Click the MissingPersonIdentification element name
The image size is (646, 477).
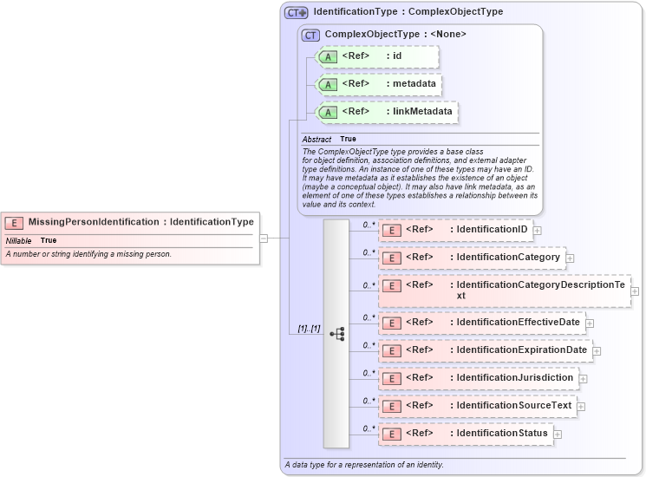[94, 222]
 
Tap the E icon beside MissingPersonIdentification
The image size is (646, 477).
[15, 223]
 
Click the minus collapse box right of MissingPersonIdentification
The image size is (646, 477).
[264, 238]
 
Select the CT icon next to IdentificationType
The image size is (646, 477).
[297, 13]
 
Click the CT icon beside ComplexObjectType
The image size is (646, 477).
[310, 35]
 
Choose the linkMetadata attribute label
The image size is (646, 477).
[419, 112]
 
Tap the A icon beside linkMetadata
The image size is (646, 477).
[328, 112]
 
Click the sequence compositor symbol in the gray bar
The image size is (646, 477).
[336, 334]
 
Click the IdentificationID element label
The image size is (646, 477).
[492, 230]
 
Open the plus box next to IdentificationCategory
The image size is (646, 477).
[570, 258]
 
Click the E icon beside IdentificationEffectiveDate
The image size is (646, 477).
[392, 323]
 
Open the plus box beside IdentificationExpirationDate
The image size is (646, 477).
[597, 351]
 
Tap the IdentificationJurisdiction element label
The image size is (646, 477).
[515, 378]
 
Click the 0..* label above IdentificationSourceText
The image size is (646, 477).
[368, 401]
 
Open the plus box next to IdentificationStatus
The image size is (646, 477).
[558, 434]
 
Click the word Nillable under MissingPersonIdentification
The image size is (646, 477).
[19, 240]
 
